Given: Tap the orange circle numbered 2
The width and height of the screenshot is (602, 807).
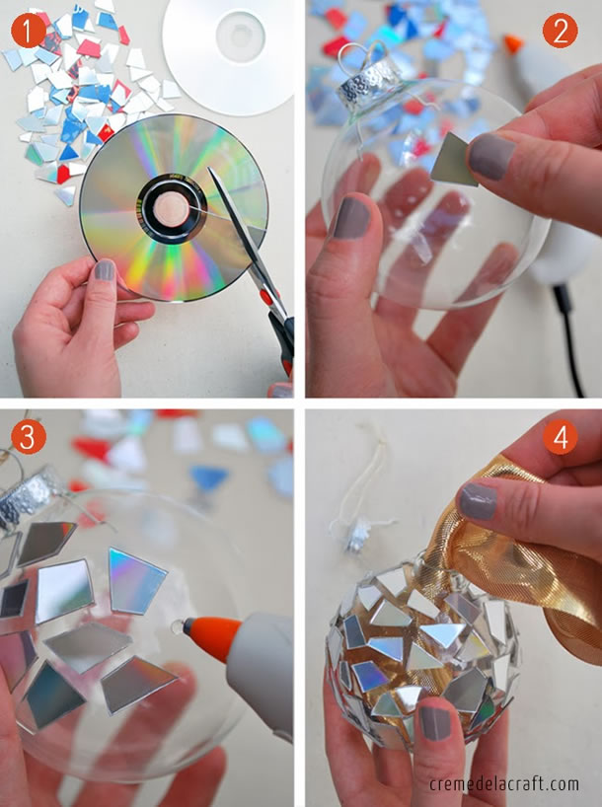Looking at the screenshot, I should [560, 33].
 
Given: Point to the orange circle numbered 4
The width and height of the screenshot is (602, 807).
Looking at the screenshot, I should [561, 438].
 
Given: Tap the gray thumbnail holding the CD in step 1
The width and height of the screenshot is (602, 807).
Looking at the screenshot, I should [104, 270].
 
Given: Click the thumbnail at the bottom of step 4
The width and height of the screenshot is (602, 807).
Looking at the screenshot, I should [434, 722].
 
